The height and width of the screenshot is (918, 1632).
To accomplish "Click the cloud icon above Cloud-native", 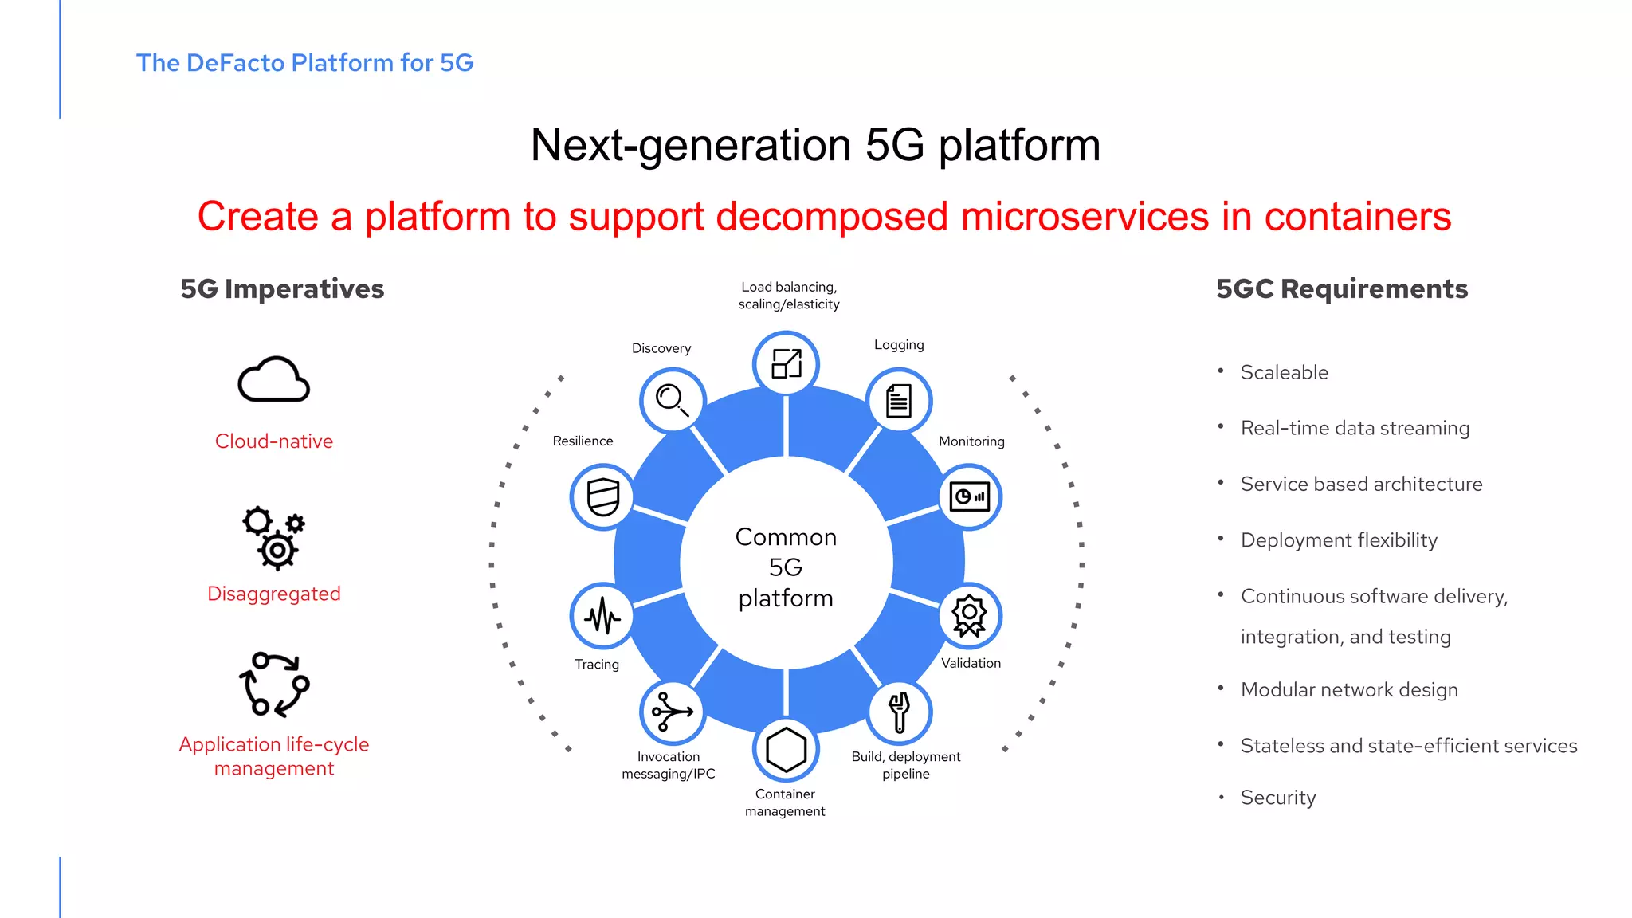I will (x=273, y=380).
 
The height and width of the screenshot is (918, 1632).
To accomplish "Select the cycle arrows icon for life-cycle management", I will (x=273, y=685).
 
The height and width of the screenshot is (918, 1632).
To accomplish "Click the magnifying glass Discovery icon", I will (x=672, y=400).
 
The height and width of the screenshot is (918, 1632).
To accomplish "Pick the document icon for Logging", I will (x=899, y=400).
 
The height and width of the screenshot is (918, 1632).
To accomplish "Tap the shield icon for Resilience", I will (x=602, y=497).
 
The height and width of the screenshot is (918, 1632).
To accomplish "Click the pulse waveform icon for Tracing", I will (x=602, y=616).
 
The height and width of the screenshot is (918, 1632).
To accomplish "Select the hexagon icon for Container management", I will (x=786, y=750).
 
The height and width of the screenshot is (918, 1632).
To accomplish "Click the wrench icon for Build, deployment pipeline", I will (x=899, y=712).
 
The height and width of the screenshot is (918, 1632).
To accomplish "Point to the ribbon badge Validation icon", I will (x=969, y=616).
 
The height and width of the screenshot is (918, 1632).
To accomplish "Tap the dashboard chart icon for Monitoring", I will (x=969, y=497).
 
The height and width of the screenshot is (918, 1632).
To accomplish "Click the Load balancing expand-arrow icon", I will (x=786, y=364).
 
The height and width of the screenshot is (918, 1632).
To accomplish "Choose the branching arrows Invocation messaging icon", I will (x=672, y=712).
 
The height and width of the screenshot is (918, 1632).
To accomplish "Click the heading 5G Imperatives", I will (x=282, y=288).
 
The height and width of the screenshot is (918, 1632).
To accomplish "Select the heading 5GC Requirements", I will (x=1342, y=288).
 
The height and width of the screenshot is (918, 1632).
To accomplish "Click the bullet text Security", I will (x=1278, y=798).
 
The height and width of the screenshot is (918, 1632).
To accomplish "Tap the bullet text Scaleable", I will (x=1285, y=372).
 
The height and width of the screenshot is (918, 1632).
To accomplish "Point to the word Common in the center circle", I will (x=786, y=537).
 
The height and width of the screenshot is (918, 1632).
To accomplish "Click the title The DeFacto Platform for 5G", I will (x=304, y=62).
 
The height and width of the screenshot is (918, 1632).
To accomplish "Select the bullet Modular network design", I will (x=1349, y=690).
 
